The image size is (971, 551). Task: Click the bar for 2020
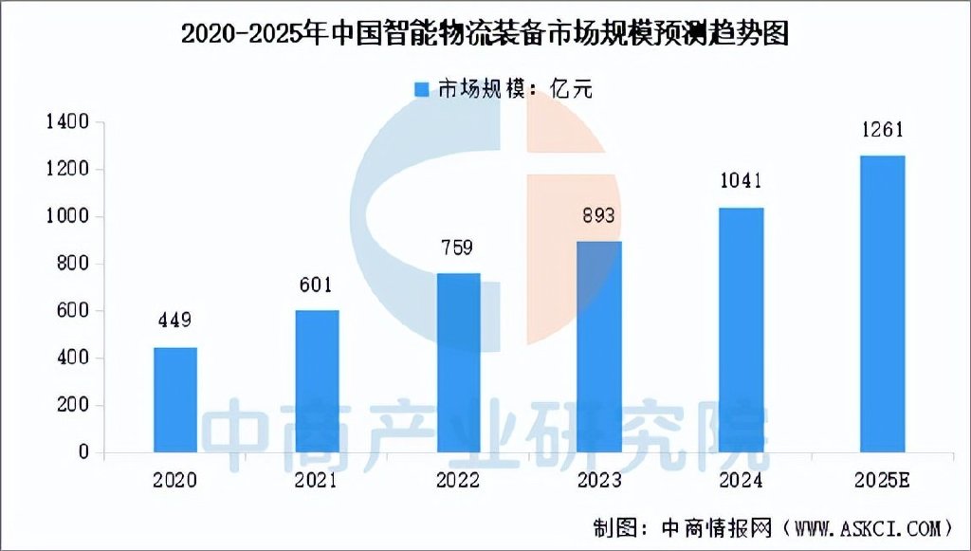pos(175,399)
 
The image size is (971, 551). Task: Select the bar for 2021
pos(317,380)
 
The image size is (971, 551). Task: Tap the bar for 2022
pos(458,362)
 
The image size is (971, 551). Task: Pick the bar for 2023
pos(599,346)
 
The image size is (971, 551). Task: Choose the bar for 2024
pos(741,329)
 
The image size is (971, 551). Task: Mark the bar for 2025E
pos(882,303)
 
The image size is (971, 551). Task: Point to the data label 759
pos(458,248)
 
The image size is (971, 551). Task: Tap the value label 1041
pos(741,181)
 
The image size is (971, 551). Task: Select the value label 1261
pos(882,130)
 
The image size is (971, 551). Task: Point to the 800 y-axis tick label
pos(71,264)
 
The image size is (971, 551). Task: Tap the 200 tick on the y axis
pos(71,405)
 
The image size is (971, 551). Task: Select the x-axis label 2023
pos(599,480)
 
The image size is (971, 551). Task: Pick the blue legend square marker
pos(422,89)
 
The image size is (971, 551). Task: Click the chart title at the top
pos(485,34)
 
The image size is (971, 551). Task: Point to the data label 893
pos(599,215)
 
